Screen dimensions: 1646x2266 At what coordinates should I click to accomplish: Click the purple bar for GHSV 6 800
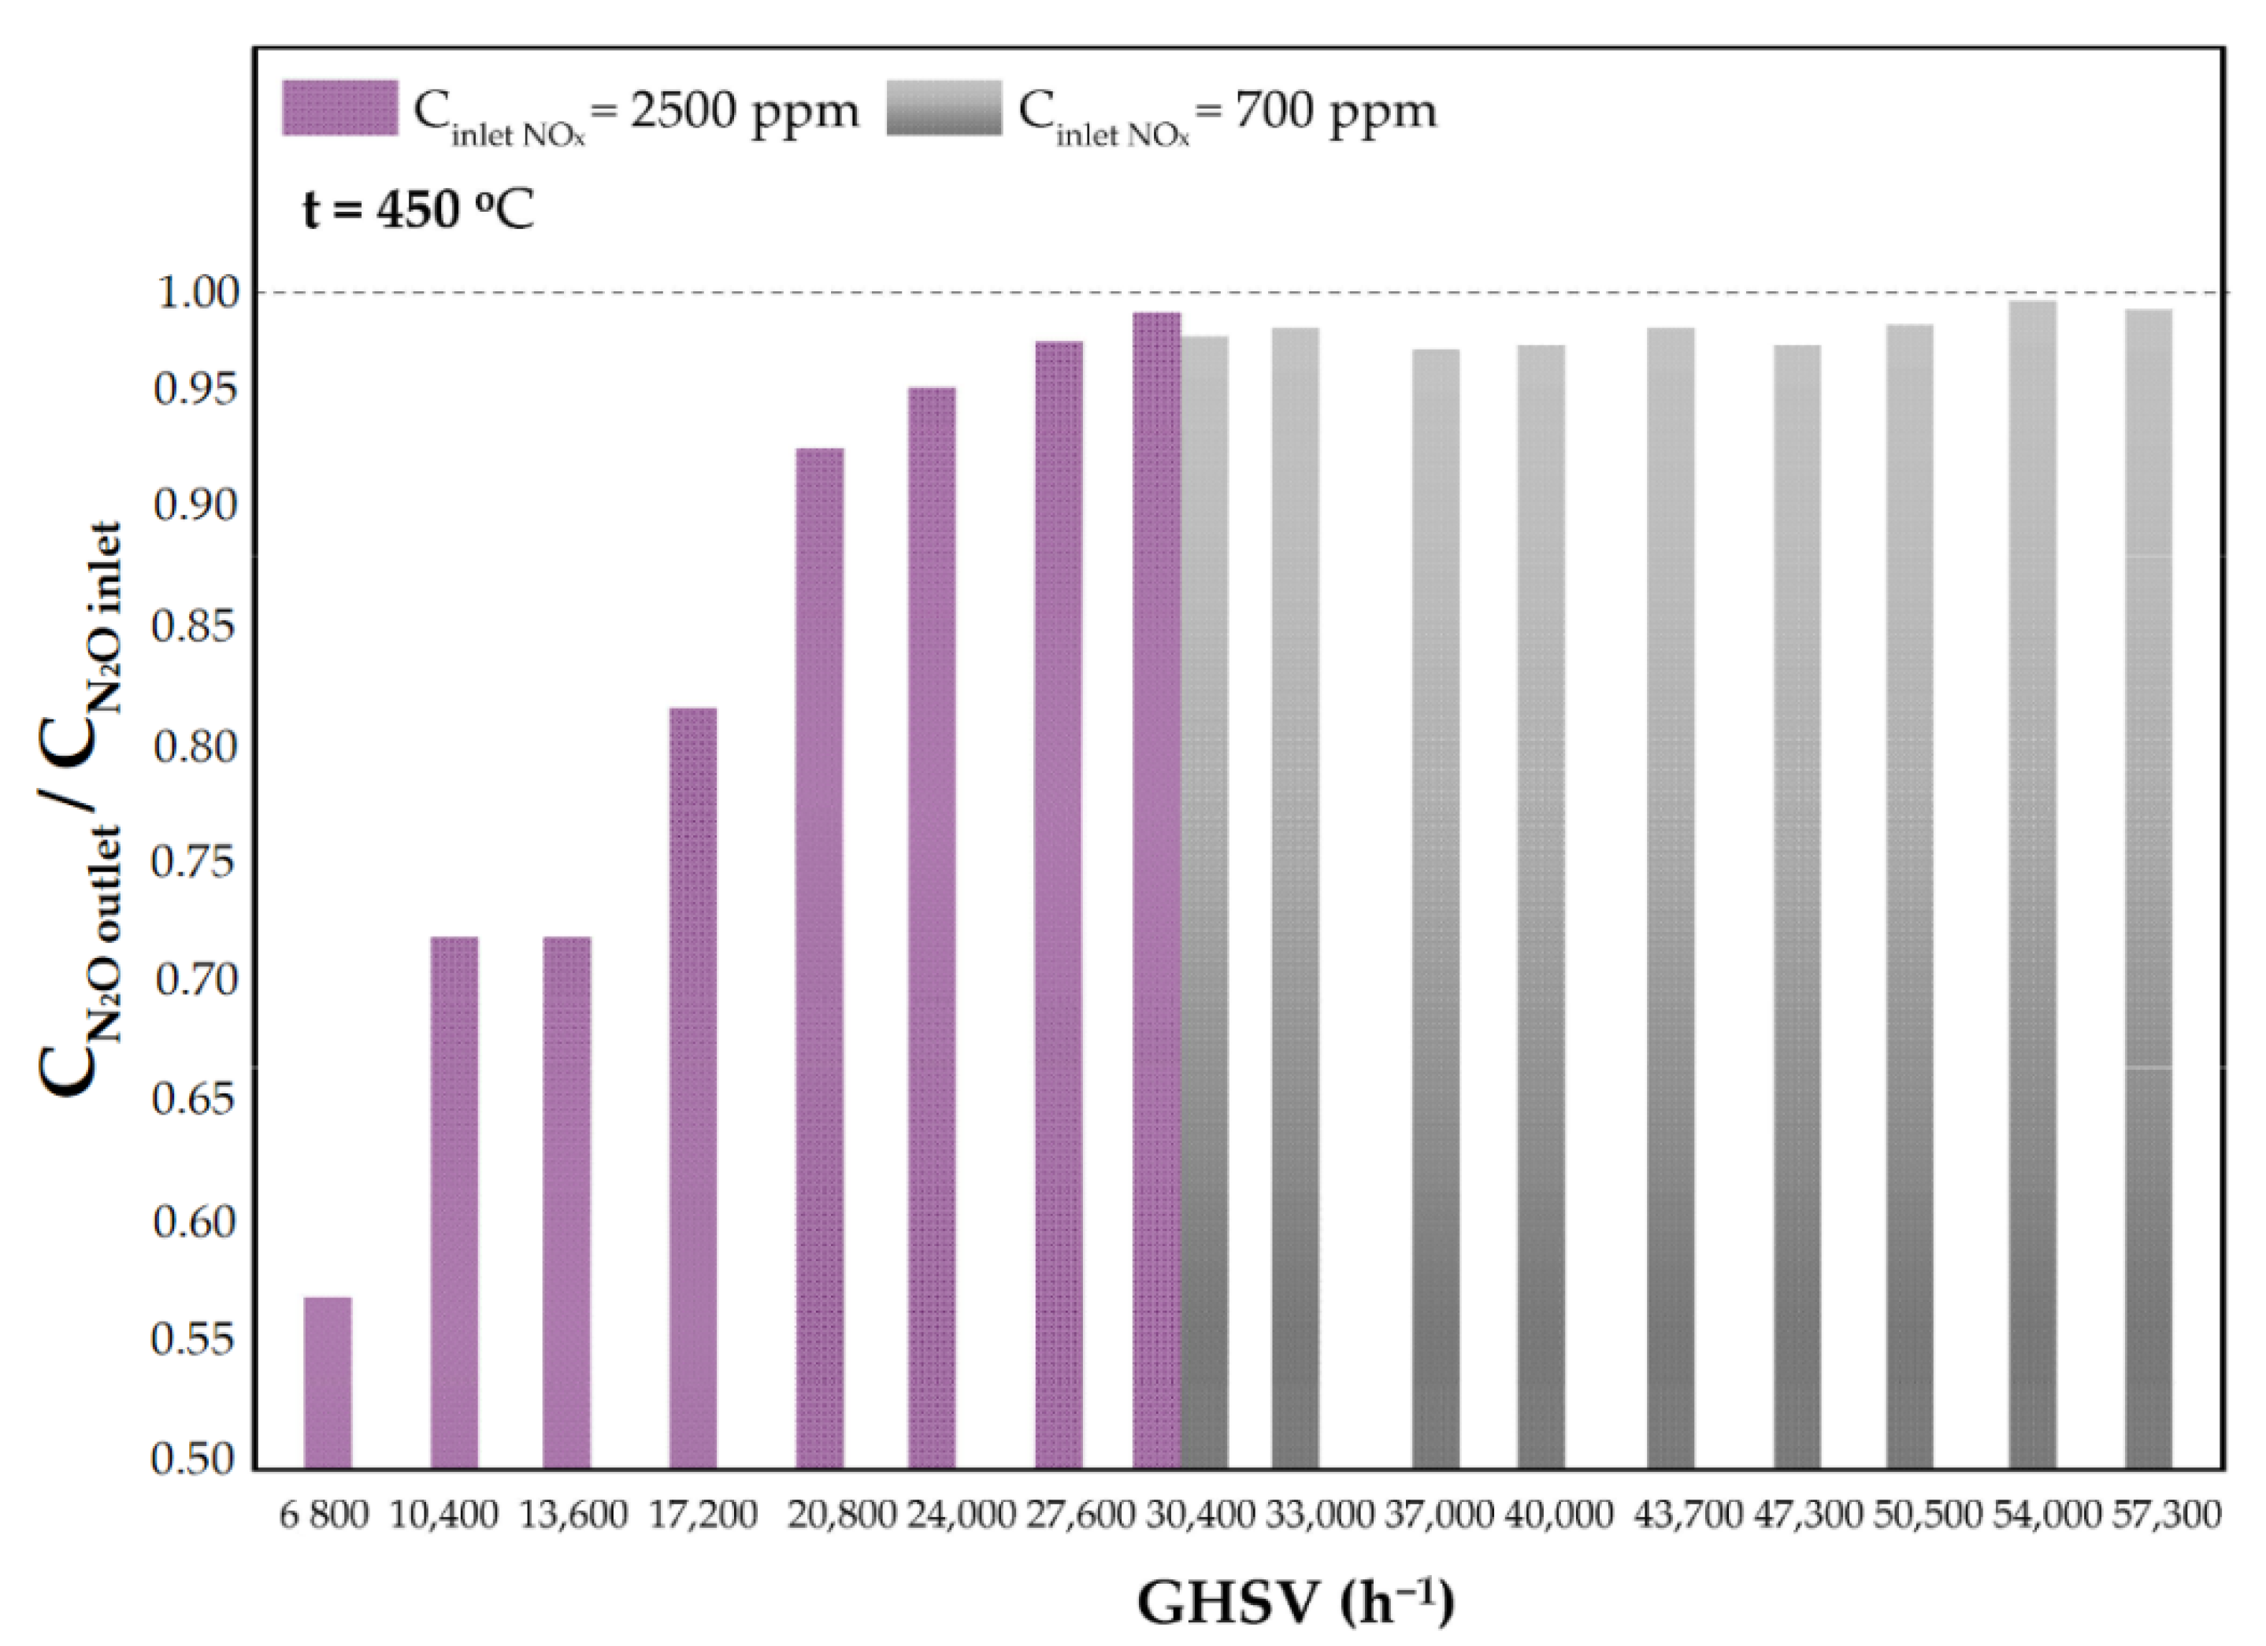(328, 1382)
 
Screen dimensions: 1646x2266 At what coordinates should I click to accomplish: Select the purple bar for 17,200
(692, 1089)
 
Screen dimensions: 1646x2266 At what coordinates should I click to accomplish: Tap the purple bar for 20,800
(819, 959)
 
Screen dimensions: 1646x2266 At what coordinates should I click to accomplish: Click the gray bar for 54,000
(2032, 885)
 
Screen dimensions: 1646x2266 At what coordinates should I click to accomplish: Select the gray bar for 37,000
(1436, 909)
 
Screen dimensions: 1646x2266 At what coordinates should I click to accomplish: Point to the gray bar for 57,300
(2148, 889)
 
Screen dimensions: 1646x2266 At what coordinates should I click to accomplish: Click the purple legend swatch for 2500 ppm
(341, 108)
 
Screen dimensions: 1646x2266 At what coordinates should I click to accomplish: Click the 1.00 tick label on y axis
(198, 293)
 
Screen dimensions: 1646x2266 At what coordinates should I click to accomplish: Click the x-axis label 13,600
(573, 1515)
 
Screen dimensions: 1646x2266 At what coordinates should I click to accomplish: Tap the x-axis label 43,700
(1688, 1515)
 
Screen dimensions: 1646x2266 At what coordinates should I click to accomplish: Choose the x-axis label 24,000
(961, 1515)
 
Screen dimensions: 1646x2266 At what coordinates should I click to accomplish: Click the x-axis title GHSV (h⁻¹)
(1296, 1603)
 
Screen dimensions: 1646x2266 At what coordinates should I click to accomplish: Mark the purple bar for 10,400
(454, 1203)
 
